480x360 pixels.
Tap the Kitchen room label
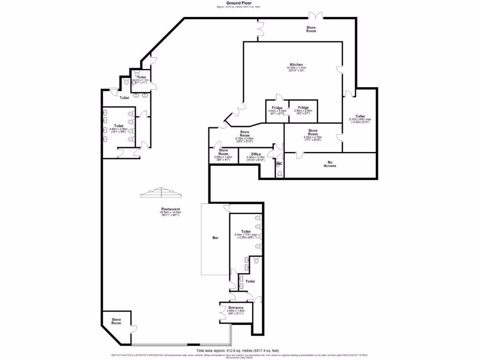[x=296, y=64]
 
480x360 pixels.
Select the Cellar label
[x=360, y=116]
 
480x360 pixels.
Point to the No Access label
[x=330, y=164]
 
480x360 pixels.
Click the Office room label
[x=255, y=154]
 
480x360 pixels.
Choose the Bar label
[x=215, y=238]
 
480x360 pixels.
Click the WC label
[x=278, y=164]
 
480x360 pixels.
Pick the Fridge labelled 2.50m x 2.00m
[x=302, y=107]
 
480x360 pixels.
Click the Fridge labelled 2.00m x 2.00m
[x=277, y=108]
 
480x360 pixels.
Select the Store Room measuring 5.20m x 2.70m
[x=313, y=130]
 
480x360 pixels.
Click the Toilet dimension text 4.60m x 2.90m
[x=119, y=130]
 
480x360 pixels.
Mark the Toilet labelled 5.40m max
[x=246, y=232]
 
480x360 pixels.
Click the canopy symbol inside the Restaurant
[x=160, y=192]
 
